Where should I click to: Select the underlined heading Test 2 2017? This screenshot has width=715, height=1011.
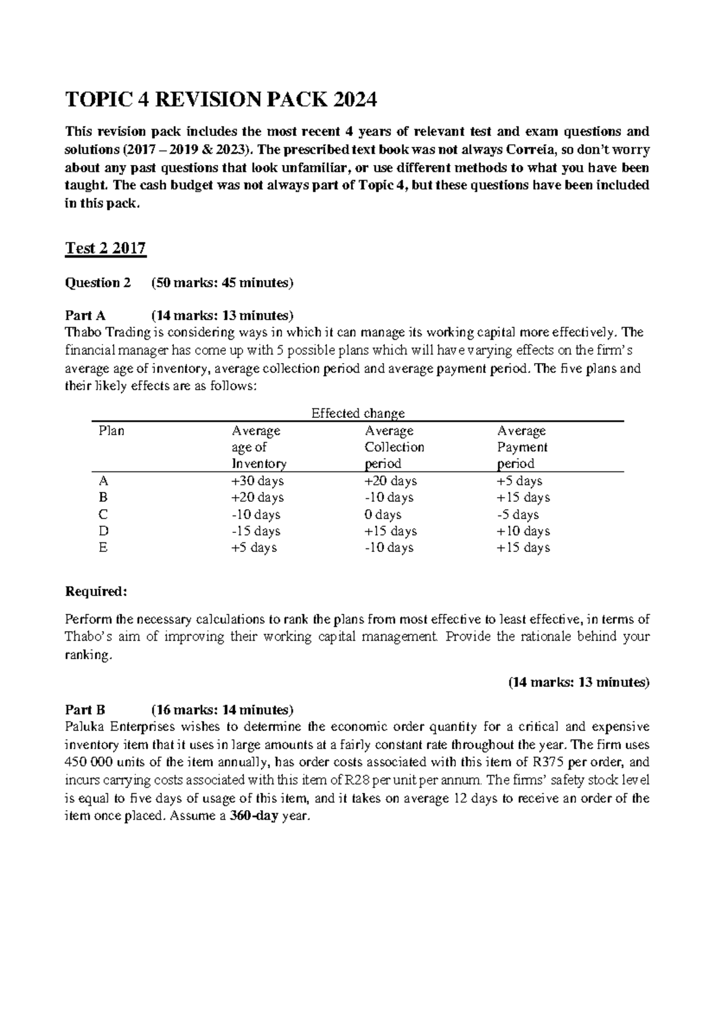[105, 248]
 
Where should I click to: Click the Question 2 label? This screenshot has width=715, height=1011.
[97, 283]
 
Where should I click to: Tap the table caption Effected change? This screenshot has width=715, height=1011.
[358, 413]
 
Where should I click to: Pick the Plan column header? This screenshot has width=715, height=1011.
[111, 430]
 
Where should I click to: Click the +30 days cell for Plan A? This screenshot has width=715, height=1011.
[257, 480]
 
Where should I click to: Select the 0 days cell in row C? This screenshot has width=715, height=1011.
[383, 514]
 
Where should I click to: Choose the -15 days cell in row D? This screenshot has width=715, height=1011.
[256, 531]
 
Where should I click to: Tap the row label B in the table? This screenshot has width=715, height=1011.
[103, 497]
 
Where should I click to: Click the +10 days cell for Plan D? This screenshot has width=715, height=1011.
[523, 531]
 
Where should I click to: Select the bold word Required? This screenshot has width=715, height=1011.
[96, 591]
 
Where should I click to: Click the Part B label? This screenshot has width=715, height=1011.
[85, 709]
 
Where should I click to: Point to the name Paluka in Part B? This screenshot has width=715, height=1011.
[85, 727]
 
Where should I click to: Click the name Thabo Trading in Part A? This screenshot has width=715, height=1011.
[101, 332]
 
